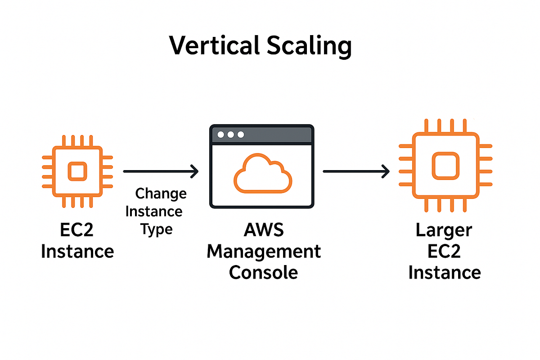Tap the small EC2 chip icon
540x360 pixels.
[76, 171]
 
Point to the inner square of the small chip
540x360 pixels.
[76, 171]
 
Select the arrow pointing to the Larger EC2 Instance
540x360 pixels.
[355, 171]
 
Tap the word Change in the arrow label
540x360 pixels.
[161, 194]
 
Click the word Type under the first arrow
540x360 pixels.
[156, 229]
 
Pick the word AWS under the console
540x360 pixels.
[264, 230]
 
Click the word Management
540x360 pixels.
[264, 251]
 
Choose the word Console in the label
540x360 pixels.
[264, 272]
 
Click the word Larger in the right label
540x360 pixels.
[444, 230]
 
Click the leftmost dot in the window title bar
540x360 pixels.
[220, 135]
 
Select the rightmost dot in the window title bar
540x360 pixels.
[241, 135]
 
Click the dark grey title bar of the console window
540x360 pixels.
[279, 135]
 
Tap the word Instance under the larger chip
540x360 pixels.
[445, 272]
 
